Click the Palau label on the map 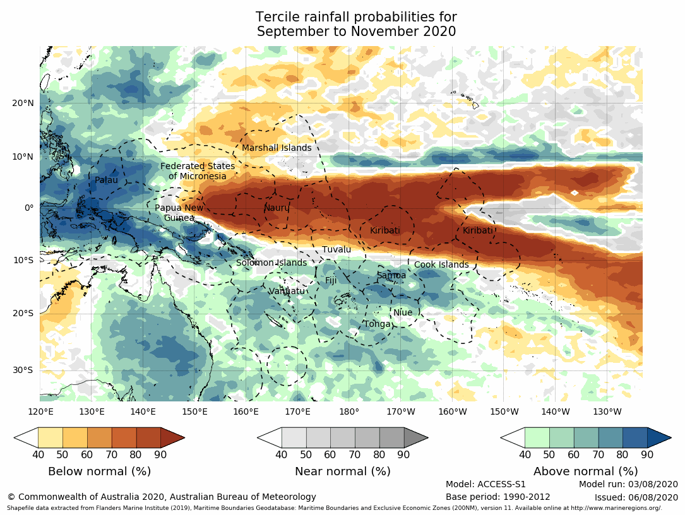pyautogui.click(x=106, y=181)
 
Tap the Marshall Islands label pyautogui.click(x=277, y=148)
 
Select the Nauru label pyautogui.click(x=276, y=208)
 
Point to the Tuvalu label pyautogui.click(x=337, y=250)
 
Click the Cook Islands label pyautogui.click(x=441, y=265)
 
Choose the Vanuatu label pyautogui.click(x=287, y=291)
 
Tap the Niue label pyautogui.click(x=402, y=313)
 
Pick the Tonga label pyautogui.click(x=377, y=324)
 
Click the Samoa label pyautogui.click(x=391, y=276)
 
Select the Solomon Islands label pyautogui.click(x=271, y=263)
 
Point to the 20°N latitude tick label pyautogui.click(x=23, y=104)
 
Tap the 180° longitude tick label pyautogui.click(x=349, y=412)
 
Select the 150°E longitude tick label pyautogui.click(x=194, y=412)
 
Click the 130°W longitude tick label pyautogui.click(x=607, y=412)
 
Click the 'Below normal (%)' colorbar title pyautogui.click(x=98, y=471)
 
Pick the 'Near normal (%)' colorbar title pyautogui.click(x=342, y=471)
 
